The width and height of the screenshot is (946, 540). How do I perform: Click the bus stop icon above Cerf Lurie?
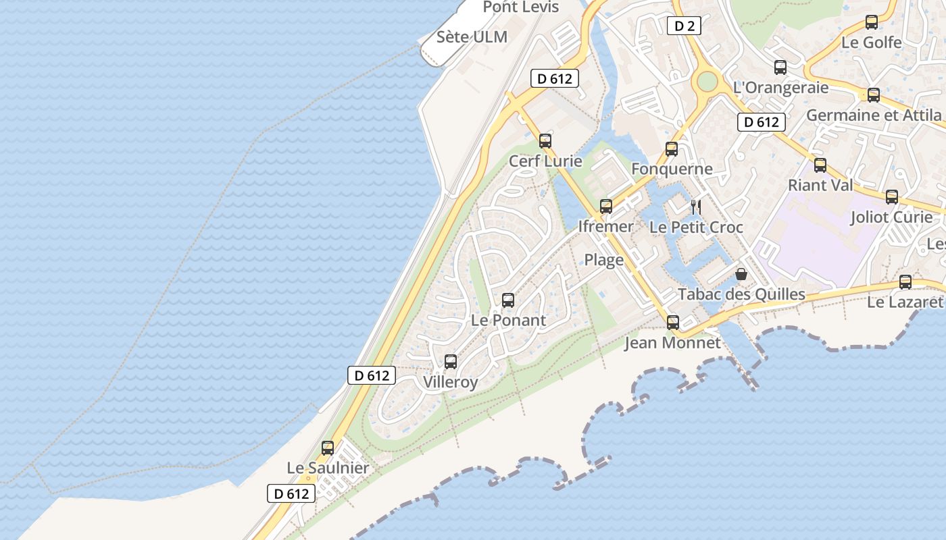coord(545,141)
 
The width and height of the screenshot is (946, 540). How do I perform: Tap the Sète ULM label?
coord(472,37)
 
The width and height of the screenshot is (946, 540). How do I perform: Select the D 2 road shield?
coord(684,26)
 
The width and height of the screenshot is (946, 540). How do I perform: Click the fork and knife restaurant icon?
coord(696,207)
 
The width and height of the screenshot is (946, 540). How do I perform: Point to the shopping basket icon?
coord(741,274)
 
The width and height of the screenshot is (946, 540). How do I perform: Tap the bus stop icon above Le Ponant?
coord(508,300)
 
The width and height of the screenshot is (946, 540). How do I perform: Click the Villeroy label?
coord(450,382)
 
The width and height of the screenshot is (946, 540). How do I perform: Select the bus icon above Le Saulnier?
coord(328,448)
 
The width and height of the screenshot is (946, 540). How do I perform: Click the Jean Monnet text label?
coord(672,343)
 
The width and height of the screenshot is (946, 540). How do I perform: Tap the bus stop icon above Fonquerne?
coord(672,149)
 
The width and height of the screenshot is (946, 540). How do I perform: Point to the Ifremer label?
coord(605,227)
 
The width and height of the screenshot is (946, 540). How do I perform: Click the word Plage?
coord(603,260)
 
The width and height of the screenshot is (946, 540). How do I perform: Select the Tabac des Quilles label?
coord(741,294)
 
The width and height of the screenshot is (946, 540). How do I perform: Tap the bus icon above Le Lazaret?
coord(905,282)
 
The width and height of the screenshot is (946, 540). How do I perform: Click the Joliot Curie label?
coord(891,217)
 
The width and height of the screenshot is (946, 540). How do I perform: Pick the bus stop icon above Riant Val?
coord(820,165)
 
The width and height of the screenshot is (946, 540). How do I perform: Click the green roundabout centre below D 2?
coord(707,82)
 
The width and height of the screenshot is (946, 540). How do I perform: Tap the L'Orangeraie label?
coord(780,88)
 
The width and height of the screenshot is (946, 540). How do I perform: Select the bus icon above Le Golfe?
coord(872,22)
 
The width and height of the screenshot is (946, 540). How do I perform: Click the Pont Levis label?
coord(521,7)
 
